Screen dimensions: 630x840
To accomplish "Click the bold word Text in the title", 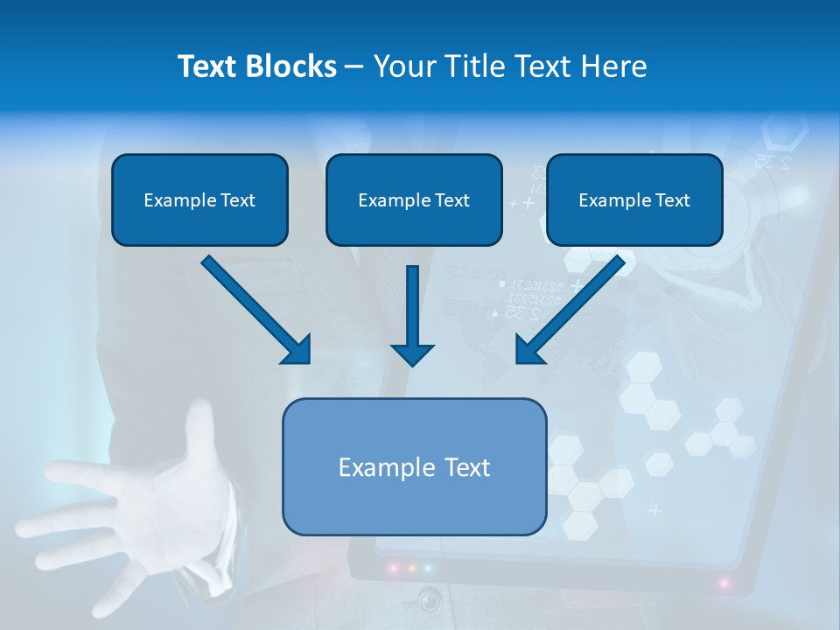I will [207, 66].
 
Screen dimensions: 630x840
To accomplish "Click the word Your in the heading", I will [405, 66].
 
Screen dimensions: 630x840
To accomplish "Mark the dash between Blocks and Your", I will [354, 67].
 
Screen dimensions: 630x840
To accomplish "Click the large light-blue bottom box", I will [414, 503].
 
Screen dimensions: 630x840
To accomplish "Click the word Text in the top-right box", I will [672, 200].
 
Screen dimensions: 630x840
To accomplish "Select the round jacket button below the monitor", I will [429, 600].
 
